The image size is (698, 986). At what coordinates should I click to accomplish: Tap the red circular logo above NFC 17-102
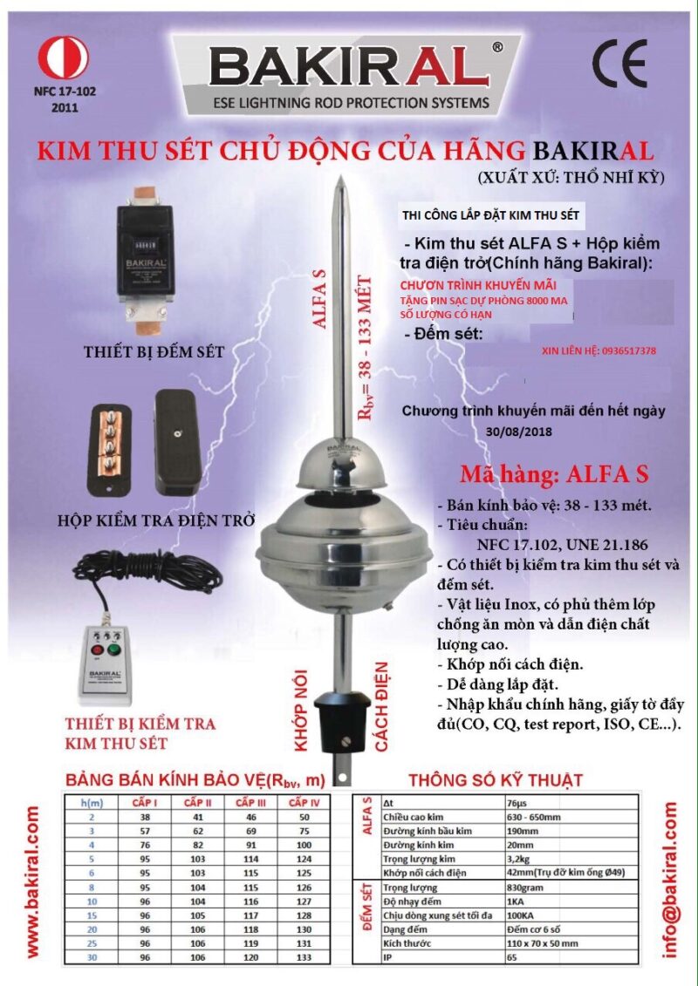(x=63, y=58)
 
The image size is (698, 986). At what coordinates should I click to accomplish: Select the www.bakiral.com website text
(x=33, y=881)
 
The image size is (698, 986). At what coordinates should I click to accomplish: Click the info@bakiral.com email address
(x=671, y=880)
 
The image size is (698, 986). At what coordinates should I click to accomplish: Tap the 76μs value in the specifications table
(x=517, y=802)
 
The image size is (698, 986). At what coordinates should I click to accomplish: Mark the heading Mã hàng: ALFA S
(x=554, y=475)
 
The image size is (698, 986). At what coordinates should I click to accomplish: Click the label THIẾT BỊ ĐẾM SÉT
(x=154, y=352)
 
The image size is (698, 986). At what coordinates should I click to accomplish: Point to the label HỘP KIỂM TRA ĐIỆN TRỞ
(x=156, y=520)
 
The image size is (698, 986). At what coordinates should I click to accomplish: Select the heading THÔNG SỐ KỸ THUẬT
(x=495, y=780)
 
